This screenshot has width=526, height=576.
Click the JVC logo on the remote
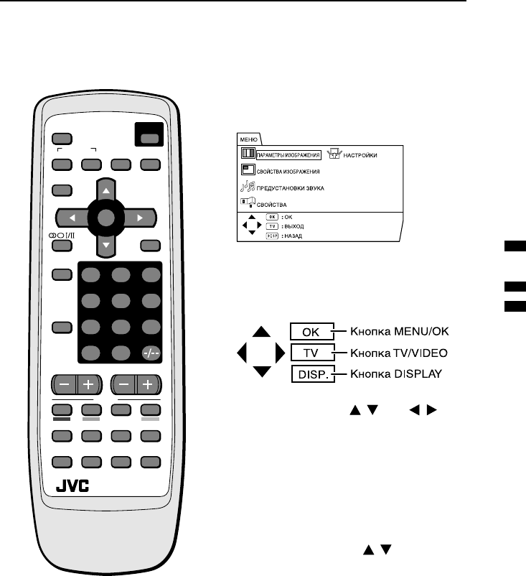(x=72, y=486)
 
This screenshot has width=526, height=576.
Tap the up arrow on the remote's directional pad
(x=105, y=191)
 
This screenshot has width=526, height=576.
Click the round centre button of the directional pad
(x=105, y=217)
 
